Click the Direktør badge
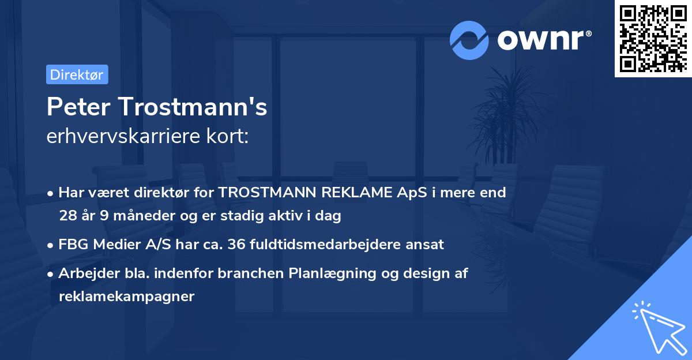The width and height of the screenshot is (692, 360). pos(77,74)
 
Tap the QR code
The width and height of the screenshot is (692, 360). pos(652,39)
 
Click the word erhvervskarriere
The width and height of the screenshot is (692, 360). pos(118,137)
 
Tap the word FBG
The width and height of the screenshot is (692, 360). pos(72,244)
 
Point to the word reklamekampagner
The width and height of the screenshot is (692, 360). pos(127,297)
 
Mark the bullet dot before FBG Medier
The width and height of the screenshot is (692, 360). pos(51,245)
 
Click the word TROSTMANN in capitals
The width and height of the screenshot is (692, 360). pos(260,193)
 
